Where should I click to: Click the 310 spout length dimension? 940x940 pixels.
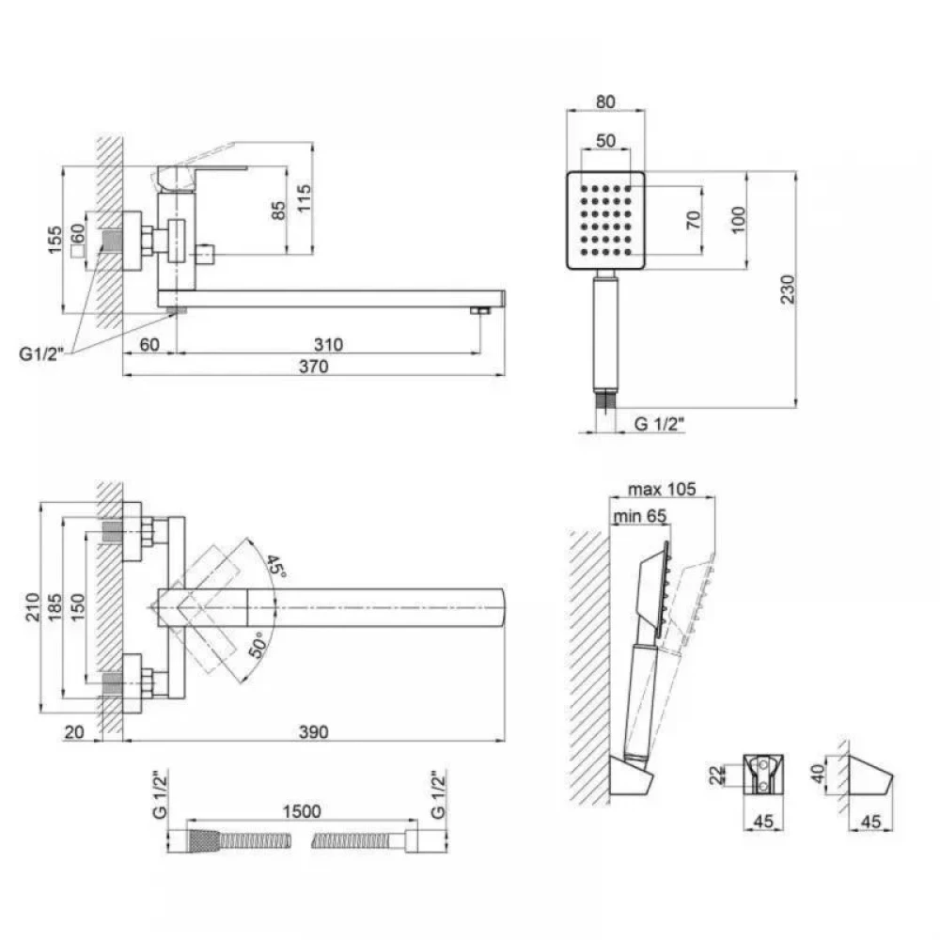coord(328,345)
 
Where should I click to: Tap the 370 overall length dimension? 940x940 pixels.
coord(314,367)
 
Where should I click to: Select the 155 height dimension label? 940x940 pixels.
coord(55,240)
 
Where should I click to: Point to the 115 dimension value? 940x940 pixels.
coord(305,197)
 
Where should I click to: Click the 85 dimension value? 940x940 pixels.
coord(279,211)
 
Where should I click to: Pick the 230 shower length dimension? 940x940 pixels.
coord(787,289)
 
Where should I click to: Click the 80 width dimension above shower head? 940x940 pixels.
coord(605,102)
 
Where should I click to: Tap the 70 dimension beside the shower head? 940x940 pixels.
coord(694,220)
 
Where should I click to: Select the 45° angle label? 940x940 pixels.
coord(275,565)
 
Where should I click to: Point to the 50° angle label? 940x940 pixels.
coord(258,645)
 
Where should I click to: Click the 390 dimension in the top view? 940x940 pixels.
coord(314,732)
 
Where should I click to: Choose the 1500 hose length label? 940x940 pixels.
coord(302,811)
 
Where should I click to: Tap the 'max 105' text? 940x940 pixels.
coord(662,489)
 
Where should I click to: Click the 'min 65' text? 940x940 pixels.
coord(639,515)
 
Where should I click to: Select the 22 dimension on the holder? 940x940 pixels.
coord(716,775)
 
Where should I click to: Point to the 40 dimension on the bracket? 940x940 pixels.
coord(818,774)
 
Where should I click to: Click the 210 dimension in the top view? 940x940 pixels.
coord(32,606)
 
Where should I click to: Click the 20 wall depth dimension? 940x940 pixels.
coord(73,732)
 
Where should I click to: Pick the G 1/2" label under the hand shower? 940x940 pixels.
coord(659,424)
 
